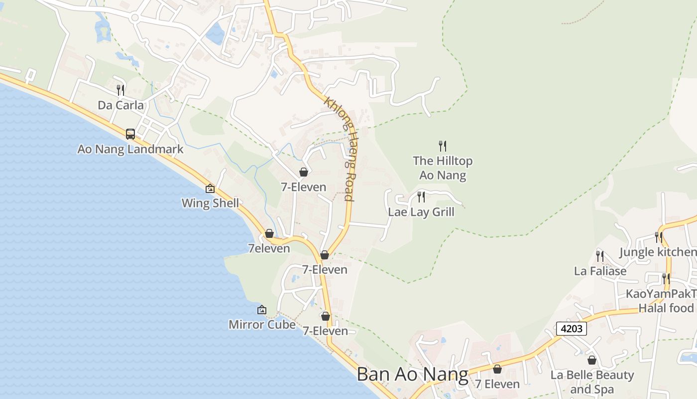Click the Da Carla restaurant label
click(120, 105)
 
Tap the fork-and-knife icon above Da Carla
click(120, 90)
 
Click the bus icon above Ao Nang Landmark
click(130, 134)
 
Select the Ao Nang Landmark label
click(130, 149)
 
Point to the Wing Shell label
click(210, 203)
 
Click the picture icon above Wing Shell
click(210, 189)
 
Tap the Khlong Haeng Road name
click(341, 148)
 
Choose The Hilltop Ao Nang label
click(443, 168)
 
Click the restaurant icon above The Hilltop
click(443, 146)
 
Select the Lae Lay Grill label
click(421, 212)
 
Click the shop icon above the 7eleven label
click(269, 233)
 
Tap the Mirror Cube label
click(262, 325)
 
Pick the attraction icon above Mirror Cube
click(262, 310)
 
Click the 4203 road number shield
click(572, 329)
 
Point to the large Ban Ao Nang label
click(413, 375)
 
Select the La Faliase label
click(600, 271)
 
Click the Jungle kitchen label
click(657, 252)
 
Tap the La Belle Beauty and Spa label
click(592, 382)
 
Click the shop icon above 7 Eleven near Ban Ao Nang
click(497, 369)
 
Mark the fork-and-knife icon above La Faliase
click(600, 256)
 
